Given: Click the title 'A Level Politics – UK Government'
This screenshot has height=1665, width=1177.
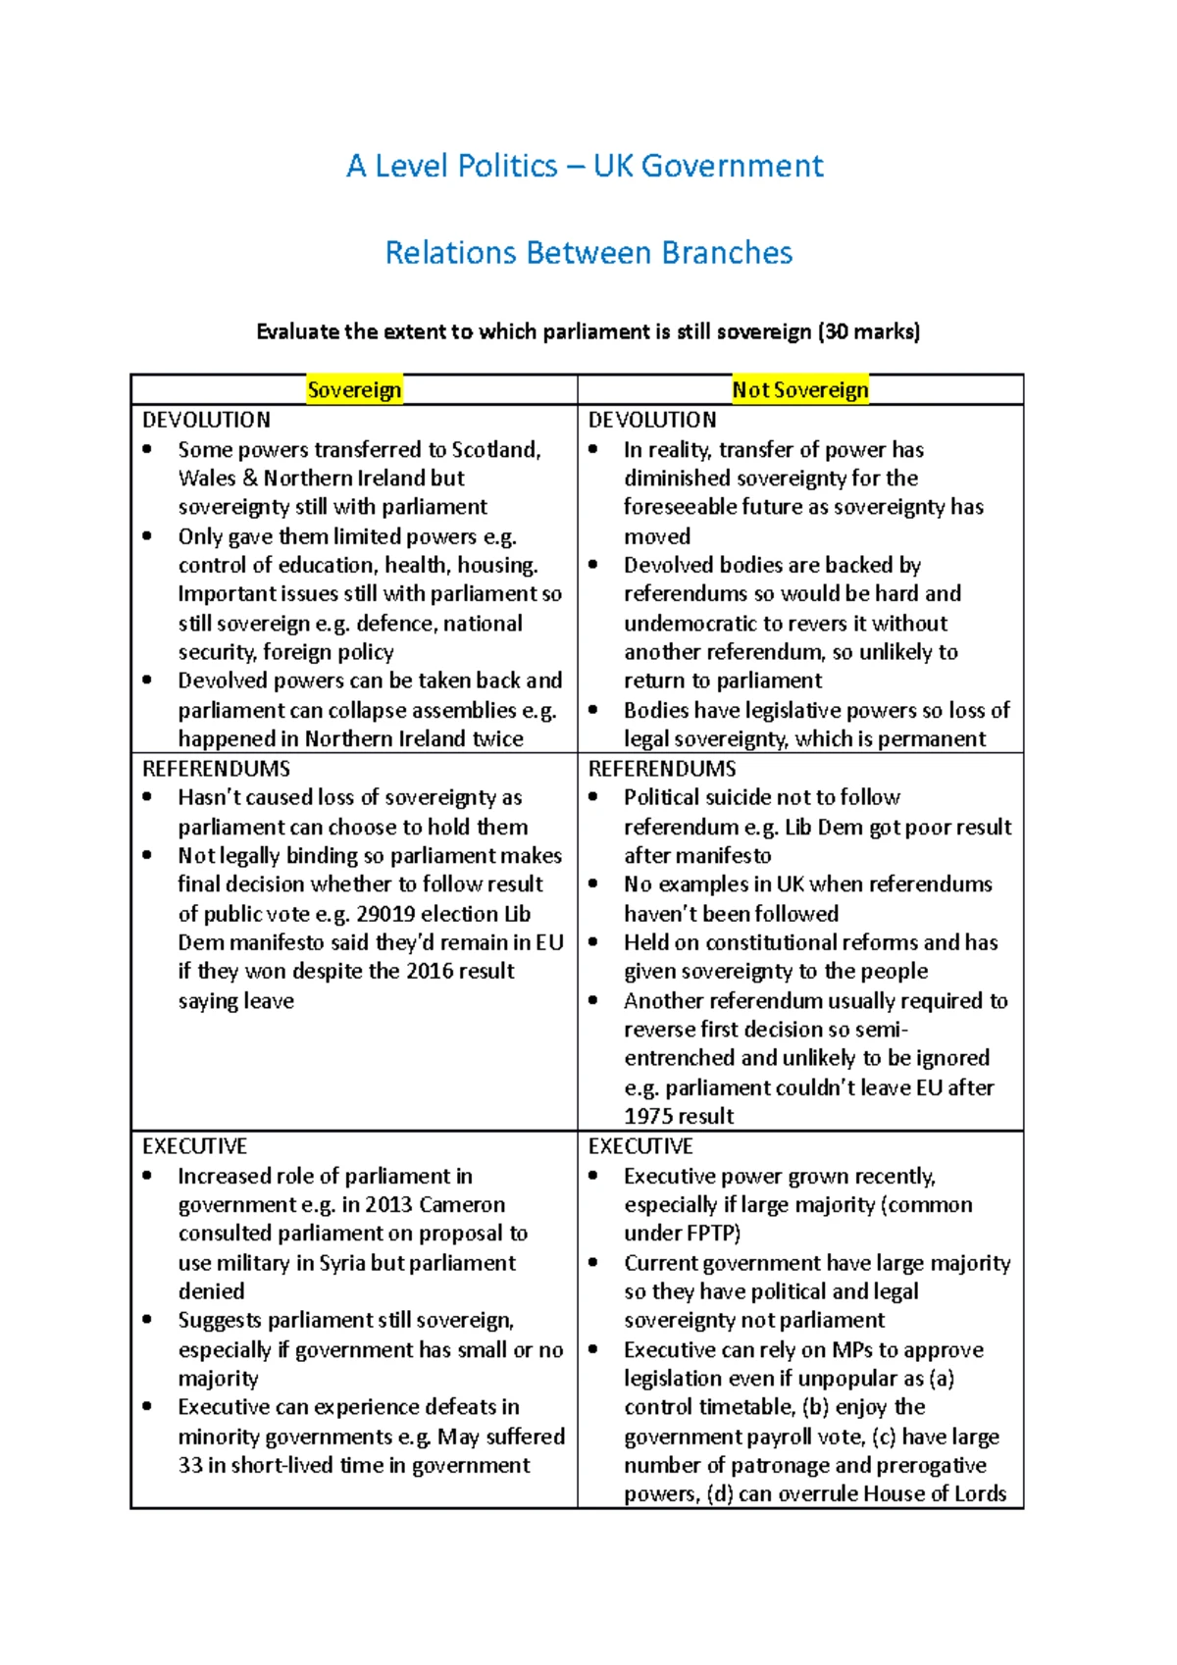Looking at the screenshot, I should coord(585,166).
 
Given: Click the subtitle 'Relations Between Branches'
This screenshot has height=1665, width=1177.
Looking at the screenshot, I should coord(588,253).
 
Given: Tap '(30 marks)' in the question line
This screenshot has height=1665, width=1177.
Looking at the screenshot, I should coord(868,331).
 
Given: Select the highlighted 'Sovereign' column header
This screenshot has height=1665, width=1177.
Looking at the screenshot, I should coord(354,390).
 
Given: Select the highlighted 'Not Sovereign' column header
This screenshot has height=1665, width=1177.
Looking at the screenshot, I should coord(800,390).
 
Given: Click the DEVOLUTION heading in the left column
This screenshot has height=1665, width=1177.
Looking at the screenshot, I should coord(206,420).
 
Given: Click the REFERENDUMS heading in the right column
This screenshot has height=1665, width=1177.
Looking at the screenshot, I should coord(662,769).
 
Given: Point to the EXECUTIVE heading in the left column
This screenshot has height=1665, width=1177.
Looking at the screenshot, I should coord(194,1146).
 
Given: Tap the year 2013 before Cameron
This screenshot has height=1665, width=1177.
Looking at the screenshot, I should coord(393,1205).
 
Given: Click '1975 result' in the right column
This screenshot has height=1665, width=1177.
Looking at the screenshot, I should coord(679,1116).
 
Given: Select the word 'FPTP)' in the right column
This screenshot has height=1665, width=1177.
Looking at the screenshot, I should coord(713,1234).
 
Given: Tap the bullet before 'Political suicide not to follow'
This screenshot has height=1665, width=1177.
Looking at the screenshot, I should coord(593,797).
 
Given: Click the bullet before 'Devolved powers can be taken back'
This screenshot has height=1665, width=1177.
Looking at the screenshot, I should coord(147,681).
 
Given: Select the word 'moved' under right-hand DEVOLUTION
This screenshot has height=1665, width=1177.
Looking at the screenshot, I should coord(657,536).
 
